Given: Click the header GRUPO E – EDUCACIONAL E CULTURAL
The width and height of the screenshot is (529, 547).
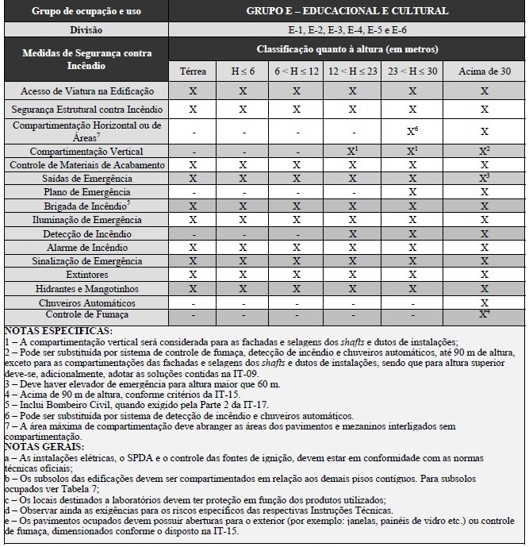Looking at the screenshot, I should pos(347,11).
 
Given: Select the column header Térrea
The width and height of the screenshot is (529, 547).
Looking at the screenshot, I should pos(193,71).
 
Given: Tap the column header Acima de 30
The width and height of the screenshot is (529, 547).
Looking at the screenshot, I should pos(483,71).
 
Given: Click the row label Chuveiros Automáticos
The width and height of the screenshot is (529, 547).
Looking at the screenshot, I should pos(87,303).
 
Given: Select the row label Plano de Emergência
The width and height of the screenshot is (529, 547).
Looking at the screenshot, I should pos(87,192).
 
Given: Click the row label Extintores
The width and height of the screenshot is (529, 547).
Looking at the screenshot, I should pos(87,275).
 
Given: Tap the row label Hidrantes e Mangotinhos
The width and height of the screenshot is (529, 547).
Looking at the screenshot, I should pos(87,289).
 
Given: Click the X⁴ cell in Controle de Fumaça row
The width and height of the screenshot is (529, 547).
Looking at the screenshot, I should pos(484,315).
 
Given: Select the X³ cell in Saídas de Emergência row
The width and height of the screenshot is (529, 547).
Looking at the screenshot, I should pos(484,179).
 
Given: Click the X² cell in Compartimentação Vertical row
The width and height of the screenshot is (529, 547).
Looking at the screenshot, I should pos(484,151).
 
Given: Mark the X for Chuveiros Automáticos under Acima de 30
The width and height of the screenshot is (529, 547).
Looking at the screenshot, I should pos(484,303).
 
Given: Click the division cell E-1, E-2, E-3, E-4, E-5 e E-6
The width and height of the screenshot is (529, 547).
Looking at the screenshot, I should pos(347,29).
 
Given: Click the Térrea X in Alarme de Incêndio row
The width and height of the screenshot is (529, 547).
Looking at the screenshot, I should pos(193,248).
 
